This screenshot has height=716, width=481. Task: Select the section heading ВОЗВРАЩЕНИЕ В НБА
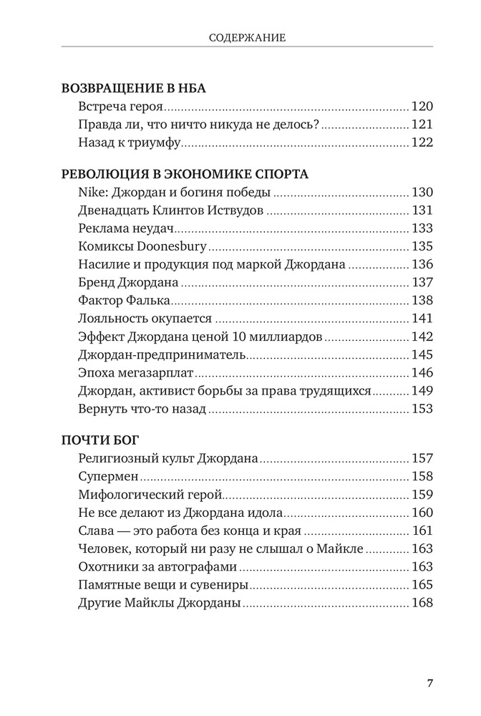135,88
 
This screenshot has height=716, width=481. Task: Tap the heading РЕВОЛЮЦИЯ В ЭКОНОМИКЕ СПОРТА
185,174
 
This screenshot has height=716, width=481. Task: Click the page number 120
422,107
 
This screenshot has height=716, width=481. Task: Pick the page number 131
422,211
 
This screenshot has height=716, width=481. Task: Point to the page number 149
422,391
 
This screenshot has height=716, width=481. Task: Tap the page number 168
422,603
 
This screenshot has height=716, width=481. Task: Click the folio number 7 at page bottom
429,682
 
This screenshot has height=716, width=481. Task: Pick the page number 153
422,409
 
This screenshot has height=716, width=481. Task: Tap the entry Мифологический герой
149,494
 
